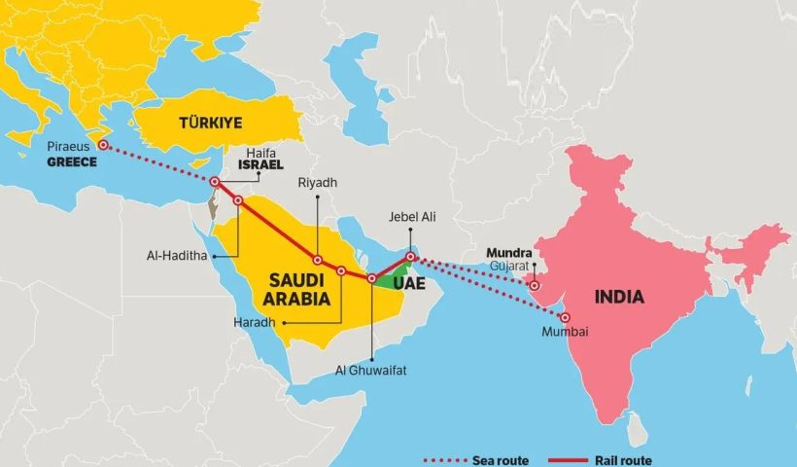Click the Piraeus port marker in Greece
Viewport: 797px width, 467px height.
pyautogui.click(x=103, y=145)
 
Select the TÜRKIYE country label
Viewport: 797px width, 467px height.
pyautogui.click(x=209, y=123)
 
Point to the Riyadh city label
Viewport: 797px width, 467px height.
pyautogui.click(x=318, y=182)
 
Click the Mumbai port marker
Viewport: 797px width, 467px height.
pyautogui.click(x=565, y=318)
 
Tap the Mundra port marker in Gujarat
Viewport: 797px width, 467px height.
pyautogui.click(x=534, y=286)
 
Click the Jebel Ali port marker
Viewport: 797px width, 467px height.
pyautogui.click(x=411, y=257)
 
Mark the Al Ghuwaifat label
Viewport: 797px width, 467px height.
pyautogui.click(x=372, y=370)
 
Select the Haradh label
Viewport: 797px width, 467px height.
pyautogui.click(x=256, y=322)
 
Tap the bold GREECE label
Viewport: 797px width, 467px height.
pyautogui.click(x=72, y=162)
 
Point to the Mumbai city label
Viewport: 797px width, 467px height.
pyautogui.click(x=566, y=333)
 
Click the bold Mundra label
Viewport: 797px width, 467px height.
pyautogui.click(x=507, y=250)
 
